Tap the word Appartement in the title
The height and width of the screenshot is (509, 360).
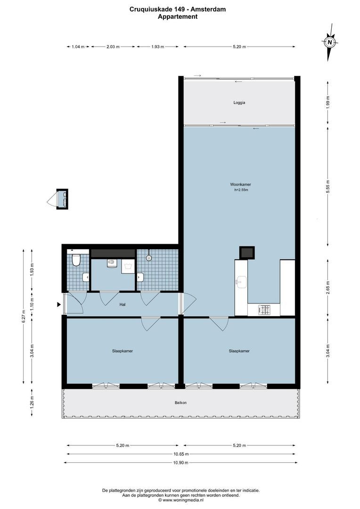[x=178, y=16]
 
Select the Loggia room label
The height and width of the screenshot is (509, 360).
[x=239, y=102]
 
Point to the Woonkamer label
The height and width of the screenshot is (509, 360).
[x=240, y=184]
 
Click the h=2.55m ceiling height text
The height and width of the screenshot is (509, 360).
[x=241, y=190]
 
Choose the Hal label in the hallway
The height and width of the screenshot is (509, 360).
[x=123, y=304]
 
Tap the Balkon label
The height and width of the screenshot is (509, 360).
[x=180, y=402]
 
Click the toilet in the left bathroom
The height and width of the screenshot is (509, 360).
[x=76, y=259]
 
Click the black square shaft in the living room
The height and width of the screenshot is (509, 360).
[x=246, y=252]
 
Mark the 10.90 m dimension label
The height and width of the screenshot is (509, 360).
[x=180, y=463]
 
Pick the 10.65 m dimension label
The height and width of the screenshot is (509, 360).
[x=180, y=454]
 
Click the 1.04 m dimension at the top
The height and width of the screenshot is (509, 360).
[x=78, y=47]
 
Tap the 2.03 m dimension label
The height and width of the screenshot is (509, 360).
[x=113, y=47]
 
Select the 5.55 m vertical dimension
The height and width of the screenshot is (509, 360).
[x=328, y=186]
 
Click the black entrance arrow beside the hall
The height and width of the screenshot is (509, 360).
[x=59, y=305]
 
